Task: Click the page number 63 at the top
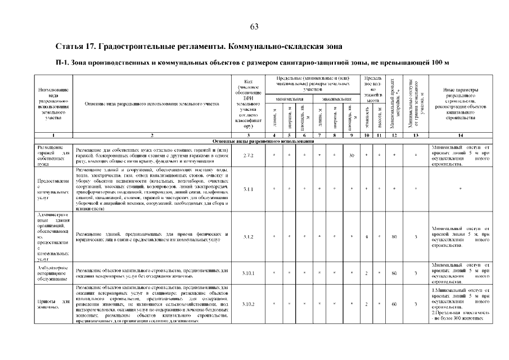(254, 27)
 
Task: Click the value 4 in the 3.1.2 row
(366, 237)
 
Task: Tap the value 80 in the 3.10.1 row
(394, 273)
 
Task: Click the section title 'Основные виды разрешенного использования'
(254, 141)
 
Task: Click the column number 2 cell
(152, 136)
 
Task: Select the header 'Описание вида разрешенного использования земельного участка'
(152, 103)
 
